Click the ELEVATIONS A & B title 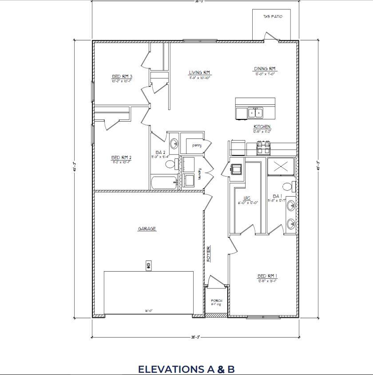[x=186, y=369]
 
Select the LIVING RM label [x=199, y=72]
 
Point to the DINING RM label [x=265, y=69]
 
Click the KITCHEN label [x=262, y=127]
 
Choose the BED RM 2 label [x=121, y=158]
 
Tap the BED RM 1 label [x=267, y=276]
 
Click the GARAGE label [x=147, y=229]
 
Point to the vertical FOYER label [x=208, y=253]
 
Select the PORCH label [x=216, y=301]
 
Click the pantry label [x=197, y=145]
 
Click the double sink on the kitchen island [x=255, y=113]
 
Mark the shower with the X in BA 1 [x=280, y=166]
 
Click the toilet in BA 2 [x=170, y=164]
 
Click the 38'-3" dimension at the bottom [x=195, y=337]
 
